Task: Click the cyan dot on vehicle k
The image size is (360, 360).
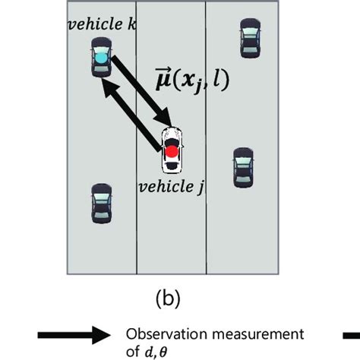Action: tap(100, 57)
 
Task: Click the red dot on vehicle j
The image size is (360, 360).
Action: tap(172, 151)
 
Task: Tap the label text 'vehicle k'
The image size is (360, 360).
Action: tap(102, 25)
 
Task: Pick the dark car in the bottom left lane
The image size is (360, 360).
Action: tap(100, 204)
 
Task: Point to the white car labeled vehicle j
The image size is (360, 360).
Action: tap(172, 149)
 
